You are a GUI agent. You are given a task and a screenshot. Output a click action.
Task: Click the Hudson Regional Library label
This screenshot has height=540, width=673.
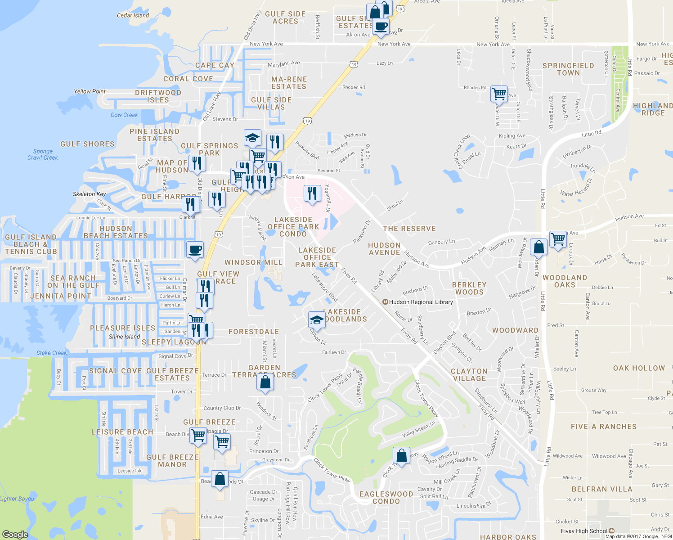pos(421,302)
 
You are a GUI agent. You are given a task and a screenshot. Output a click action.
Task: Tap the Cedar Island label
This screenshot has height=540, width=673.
pos(133,15)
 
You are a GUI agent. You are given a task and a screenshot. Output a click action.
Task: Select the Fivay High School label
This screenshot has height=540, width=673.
pos(583,531)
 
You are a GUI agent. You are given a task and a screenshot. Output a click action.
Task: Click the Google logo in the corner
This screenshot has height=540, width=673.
pos(15,534)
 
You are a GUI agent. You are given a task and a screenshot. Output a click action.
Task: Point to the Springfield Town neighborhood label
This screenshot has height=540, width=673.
pos(568,69)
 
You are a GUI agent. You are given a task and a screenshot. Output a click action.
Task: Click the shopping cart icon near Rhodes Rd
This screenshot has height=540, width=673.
pos(499,94)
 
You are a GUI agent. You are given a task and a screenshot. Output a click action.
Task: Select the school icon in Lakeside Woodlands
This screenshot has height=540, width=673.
pos(317,320)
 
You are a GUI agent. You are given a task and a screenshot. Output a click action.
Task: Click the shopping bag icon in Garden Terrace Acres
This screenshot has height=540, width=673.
pos(265,382)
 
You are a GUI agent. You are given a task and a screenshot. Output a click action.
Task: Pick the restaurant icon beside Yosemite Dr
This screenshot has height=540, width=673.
pos(312,193)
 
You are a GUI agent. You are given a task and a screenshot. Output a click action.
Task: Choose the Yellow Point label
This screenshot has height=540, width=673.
pos(90,91)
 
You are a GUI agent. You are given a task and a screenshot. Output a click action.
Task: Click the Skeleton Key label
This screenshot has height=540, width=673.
pos(89,194)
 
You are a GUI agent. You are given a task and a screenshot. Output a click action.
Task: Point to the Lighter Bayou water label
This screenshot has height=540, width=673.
pos(17,499)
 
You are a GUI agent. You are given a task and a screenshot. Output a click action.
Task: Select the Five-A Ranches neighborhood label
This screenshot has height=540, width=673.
pos(604,427)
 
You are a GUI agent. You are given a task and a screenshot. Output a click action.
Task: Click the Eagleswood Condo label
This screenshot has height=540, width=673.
pos(386,498)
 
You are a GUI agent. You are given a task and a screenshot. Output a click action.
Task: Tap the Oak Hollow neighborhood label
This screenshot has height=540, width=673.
pos(639,368)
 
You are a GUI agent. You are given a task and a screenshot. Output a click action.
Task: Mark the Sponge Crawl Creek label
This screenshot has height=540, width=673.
pos(43,154)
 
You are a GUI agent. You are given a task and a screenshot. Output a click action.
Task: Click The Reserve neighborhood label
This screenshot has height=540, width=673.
pos(409,229)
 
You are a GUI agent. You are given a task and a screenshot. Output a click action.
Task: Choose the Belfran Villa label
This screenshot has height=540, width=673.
pos(602,489)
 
